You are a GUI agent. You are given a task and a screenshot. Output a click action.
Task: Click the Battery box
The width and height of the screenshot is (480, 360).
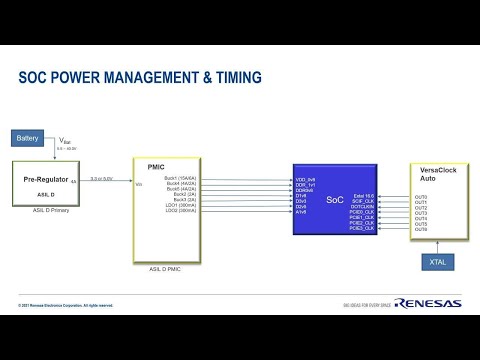(28, 137)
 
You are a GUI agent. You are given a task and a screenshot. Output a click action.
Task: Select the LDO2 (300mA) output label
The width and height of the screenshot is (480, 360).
(181, 211)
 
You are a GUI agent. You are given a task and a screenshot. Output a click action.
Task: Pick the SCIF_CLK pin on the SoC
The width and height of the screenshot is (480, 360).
(362, 202)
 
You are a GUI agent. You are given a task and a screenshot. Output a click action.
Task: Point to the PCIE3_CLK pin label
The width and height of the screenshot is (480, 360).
(361, 229)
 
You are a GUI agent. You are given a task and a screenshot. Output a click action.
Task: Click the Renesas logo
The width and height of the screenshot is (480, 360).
(428, 303)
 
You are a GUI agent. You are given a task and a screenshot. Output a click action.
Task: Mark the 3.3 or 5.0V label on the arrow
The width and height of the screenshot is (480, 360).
(102, 178)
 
